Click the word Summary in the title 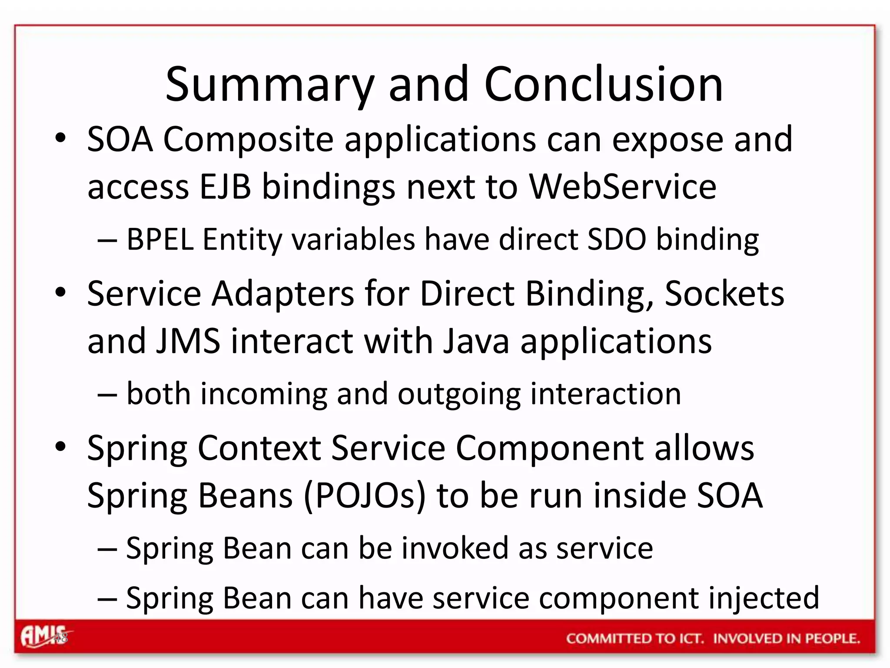click(x=269, y=85)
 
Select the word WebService click(x=622, y=187)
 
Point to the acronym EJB click(x=226, y=187)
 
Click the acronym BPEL click(x=159, y=240)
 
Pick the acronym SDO click(x=617, y=240)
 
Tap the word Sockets click(x=724, y=294)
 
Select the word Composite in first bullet click(x=248, y=140)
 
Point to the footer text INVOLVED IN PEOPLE click(x=787, y=638)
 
